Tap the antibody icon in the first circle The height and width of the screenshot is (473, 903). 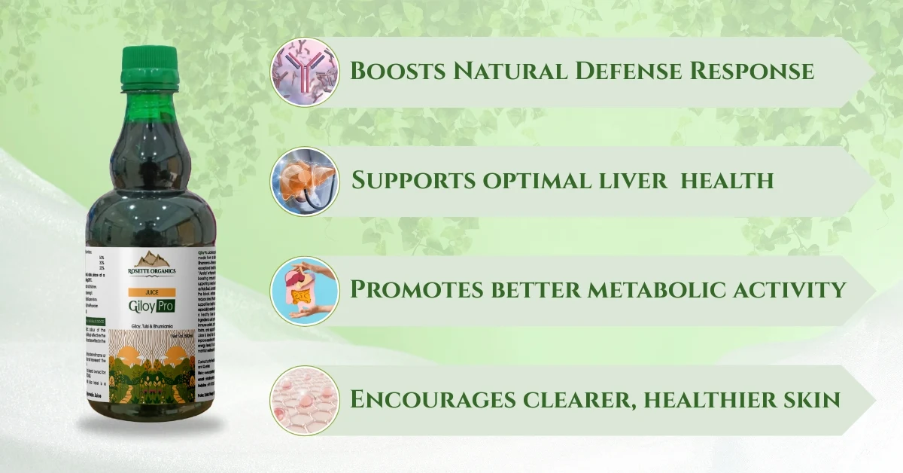click(305, 72)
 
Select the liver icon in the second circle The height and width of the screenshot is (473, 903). click(305, 182)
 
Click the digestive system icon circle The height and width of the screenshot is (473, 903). click(305, 291)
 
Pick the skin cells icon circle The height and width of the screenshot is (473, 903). click(305, 400)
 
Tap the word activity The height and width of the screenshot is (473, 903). click(791, 290)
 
